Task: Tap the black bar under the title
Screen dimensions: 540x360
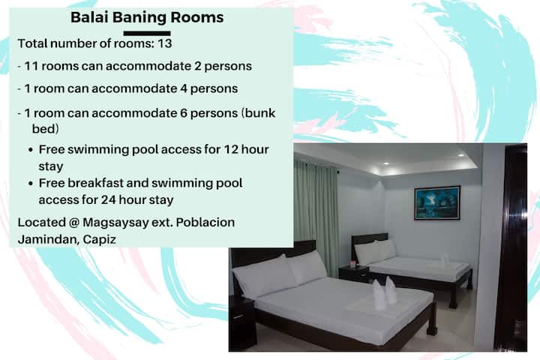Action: click(x=147, y=34)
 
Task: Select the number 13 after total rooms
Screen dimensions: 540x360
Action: click(x=164, y=43)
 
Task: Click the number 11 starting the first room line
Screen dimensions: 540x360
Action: click(x=31, y=66)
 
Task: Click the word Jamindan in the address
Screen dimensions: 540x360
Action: click(x=48, y=239)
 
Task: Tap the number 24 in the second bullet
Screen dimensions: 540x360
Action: click(x=108, y=199)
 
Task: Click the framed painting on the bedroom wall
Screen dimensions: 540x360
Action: click(x=437, y=203)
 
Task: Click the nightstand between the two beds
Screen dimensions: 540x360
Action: click(x=354, y=274)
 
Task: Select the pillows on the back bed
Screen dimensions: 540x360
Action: click(x=376, y=251)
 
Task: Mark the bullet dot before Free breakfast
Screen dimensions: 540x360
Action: click(x=31, y=184)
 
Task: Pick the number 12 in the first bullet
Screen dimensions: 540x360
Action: click(x=231, y=149)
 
